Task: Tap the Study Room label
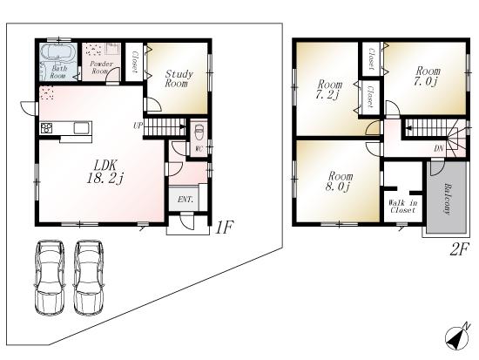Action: click(178, 79)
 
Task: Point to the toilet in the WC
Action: click(199, 133)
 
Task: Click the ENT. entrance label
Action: click(186, 200)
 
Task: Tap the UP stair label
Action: click(138, 126)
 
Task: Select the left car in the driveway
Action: click(49, 276)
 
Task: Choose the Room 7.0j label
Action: click(426, 76)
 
